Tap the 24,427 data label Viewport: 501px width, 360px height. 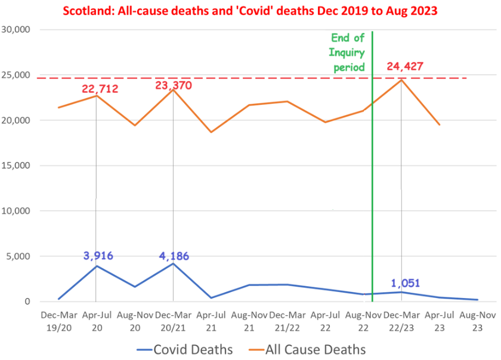[406, 66]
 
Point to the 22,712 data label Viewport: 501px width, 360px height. [100, 89]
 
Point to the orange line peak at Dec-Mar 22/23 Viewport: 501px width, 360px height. [401, 80]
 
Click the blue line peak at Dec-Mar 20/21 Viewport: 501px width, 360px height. [173, 263]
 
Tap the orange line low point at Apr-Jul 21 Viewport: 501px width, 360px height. [211, 132]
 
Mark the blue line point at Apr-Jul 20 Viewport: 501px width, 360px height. [96, 266]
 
